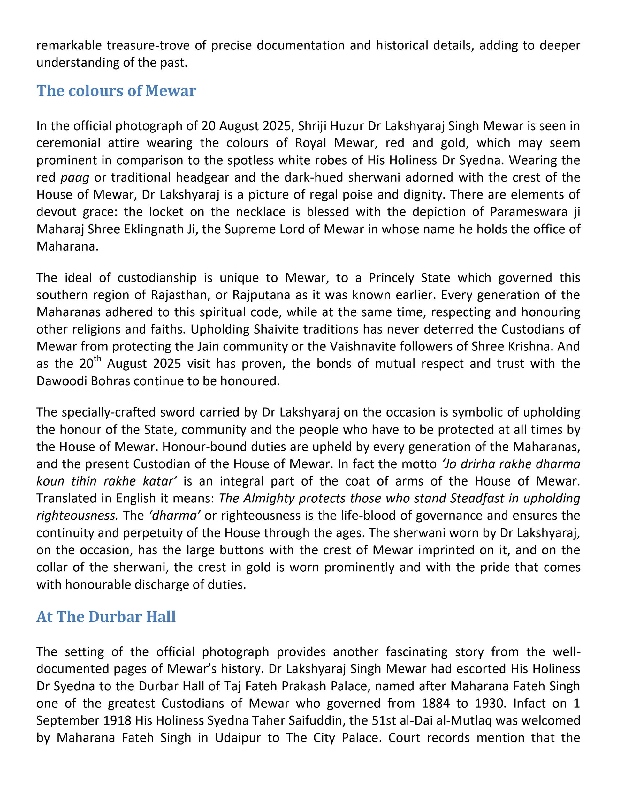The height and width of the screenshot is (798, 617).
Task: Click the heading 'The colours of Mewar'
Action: point(116,91)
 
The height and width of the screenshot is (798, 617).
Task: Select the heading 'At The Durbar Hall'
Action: point(106,617)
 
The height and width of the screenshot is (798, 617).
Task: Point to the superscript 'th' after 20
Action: point(97,359)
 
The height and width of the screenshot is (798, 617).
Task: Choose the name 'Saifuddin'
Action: point(317,720)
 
